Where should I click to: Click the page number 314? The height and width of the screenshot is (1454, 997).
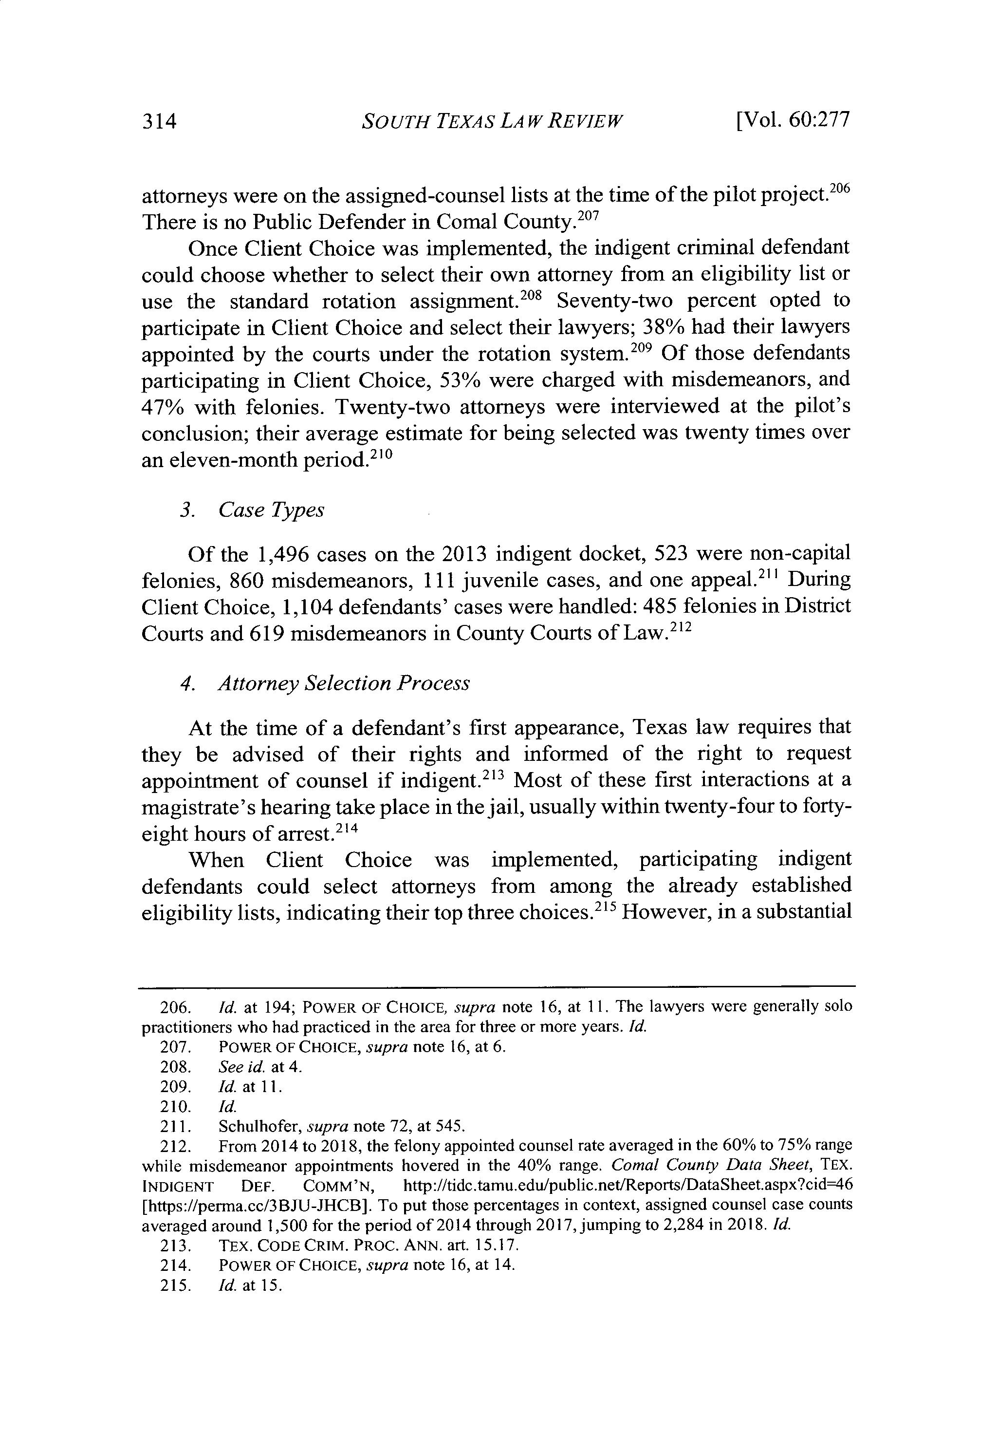point(160,121)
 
